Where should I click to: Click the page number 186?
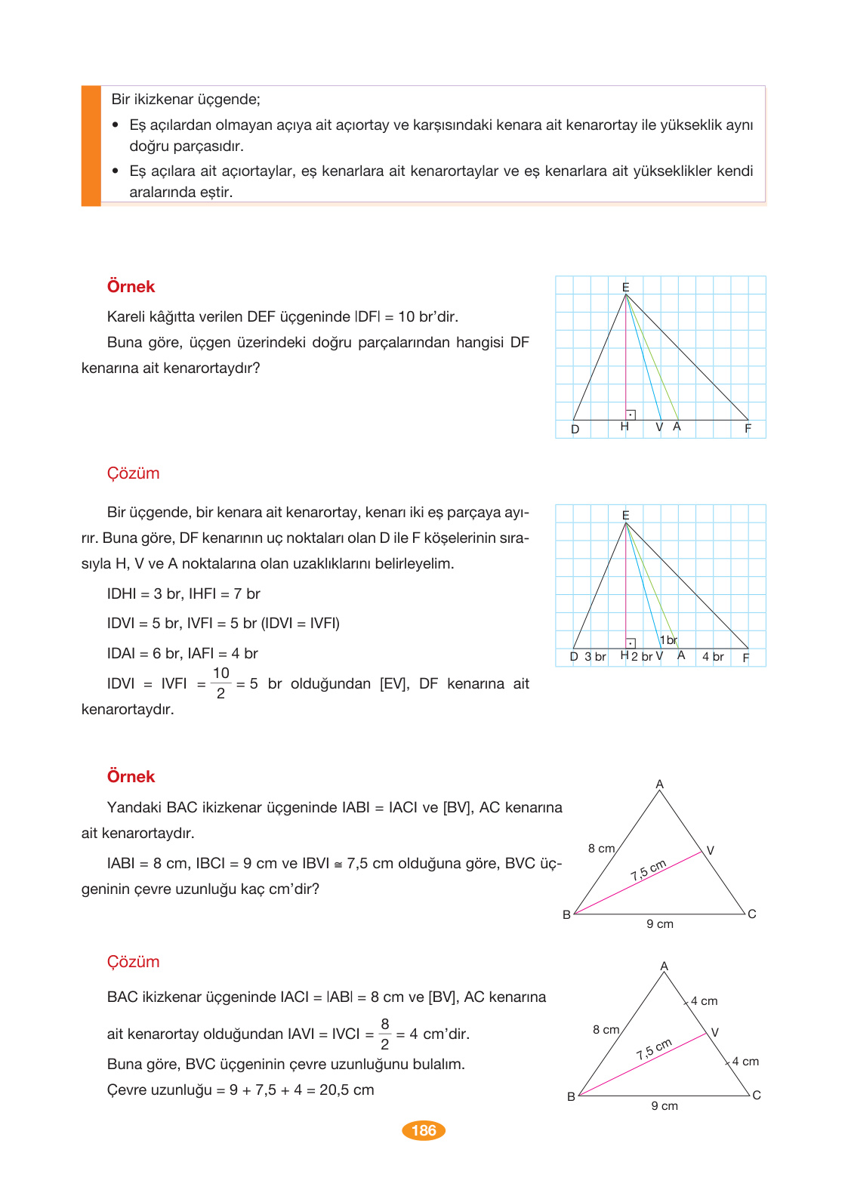424,1130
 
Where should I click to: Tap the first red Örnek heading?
131,287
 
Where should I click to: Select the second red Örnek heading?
131,777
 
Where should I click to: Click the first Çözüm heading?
133,473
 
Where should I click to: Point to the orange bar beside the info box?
91,146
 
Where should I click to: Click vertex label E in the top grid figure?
625,287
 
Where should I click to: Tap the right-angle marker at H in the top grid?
631,415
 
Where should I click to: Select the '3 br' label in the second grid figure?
595,657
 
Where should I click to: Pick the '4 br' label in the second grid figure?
713,657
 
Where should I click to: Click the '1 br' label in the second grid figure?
668,640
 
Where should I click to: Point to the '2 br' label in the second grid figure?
642,657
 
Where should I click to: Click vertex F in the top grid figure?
748,428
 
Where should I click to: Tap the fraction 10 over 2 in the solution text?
220,683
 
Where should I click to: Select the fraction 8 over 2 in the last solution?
384,1034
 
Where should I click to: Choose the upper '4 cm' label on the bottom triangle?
704,1001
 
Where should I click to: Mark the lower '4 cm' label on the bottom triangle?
745,1062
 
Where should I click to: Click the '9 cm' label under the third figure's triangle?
660,924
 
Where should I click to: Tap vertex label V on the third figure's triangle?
711,851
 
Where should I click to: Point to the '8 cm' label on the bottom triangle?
606,1030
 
